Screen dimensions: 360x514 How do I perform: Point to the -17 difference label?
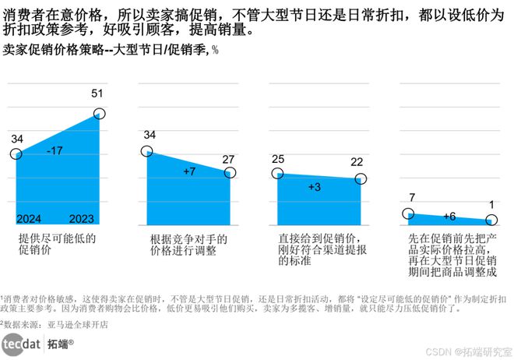coord(55,150)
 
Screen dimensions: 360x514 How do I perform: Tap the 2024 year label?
coord(28,217)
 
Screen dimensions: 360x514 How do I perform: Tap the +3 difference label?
coord(315,187)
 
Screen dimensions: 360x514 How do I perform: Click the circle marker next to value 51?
coord(100,115)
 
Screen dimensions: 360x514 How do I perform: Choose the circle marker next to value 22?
coord(361,179)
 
